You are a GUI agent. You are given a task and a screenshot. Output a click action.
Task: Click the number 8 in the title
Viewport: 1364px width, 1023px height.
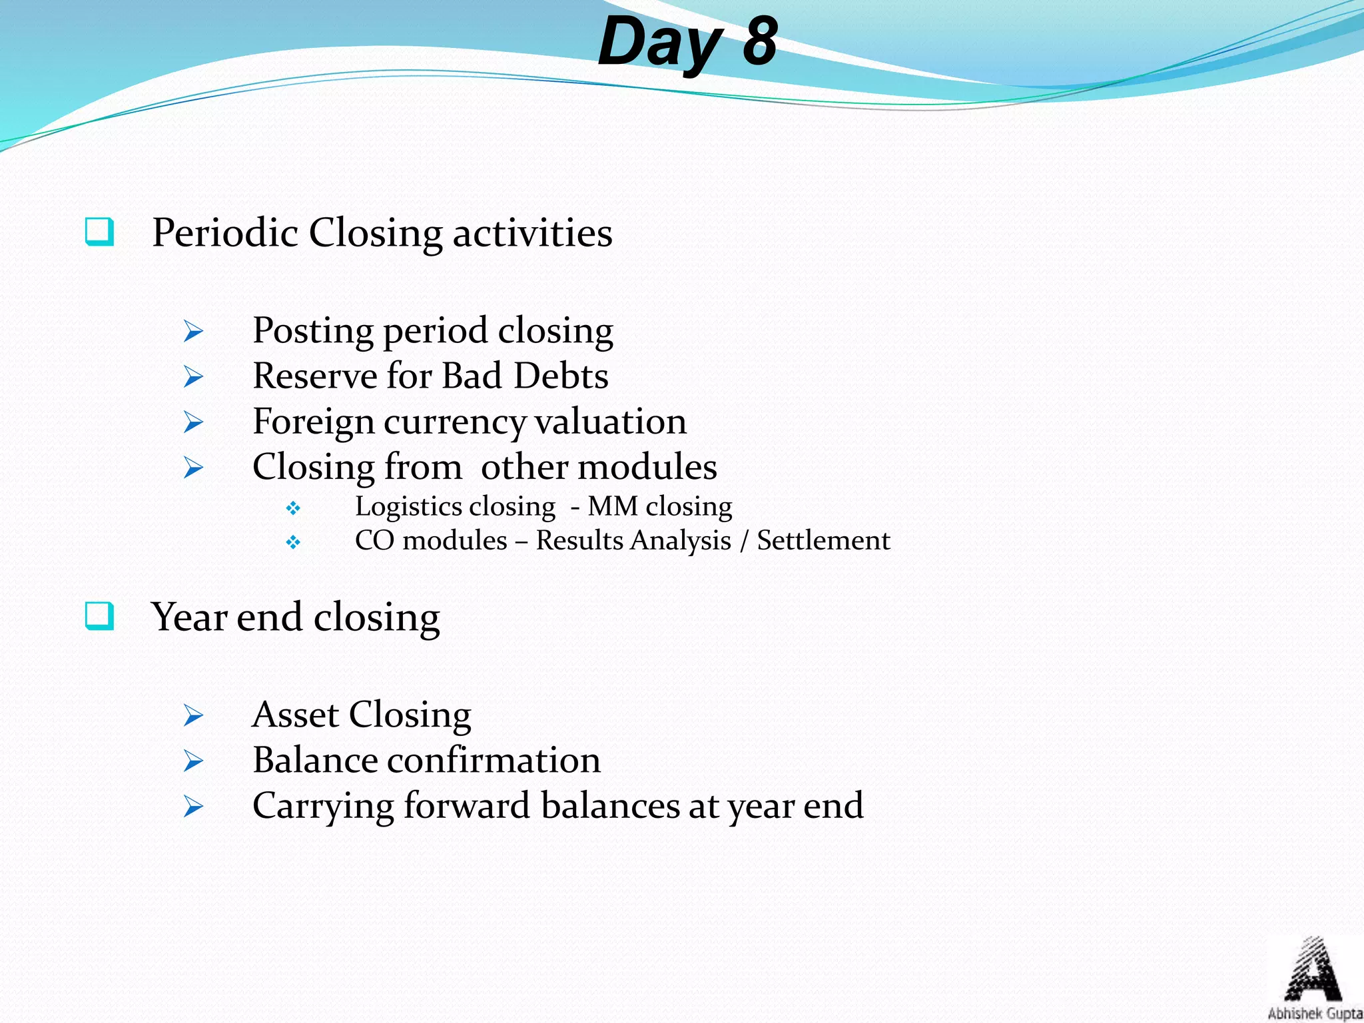coord(760,41)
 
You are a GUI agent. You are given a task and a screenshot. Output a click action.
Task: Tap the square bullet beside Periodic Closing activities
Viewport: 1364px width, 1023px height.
coord(99,232)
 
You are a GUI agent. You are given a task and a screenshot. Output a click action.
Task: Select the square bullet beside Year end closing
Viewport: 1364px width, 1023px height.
coord(99,616)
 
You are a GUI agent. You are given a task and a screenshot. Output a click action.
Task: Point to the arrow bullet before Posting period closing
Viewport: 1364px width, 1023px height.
coord(193,331)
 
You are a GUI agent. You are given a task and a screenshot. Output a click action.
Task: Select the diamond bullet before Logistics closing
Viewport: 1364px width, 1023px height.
coord(293,509)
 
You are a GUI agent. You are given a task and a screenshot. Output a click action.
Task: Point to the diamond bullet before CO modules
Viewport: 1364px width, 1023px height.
coord(293,543)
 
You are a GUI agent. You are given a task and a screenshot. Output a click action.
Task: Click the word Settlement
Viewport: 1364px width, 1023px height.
coord(823,540)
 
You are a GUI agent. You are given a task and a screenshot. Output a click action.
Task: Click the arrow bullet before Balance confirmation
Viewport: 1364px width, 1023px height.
coord(193,761)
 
